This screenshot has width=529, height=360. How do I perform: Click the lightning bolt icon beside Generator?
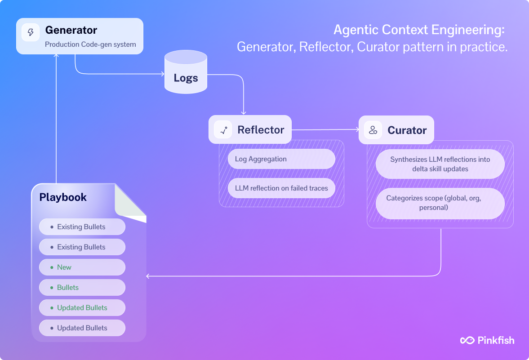31,32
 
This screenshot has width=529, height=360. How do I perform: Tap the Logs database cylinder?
186,73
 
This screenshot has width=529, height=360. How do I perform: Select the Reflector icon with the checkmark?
222,130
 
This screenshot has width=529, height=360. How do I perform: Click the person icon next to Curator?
373,130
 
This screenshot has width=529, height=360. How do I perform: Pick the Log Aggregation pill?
281,159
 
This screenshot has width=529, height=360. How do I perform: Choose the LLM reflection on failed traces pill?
281,188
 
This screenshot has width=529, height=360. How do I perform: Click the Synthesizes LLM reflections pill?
440,164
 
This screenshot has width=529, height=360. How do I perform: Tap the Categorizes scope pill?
440,204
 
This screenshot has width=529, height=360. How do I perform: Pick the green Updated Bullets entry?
82,308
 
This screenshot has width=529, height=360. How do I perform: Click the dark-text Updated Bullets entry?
82,328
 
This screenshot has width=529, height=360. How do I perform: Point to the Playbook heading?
63,197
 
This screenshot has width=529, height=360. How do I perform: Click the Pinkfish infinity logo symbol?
467,340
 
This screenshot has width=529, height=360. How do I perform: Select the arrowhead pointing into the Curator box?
357,130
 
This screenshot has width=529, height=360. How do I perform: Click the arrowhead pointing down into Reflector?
244,113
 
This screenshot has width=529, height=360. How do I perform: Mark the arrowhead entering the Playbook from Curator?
149,276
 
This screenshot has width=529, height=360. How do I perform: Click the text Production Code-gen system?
90,44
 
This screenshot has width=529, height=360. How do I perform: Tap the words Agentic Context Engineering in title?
419,30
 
